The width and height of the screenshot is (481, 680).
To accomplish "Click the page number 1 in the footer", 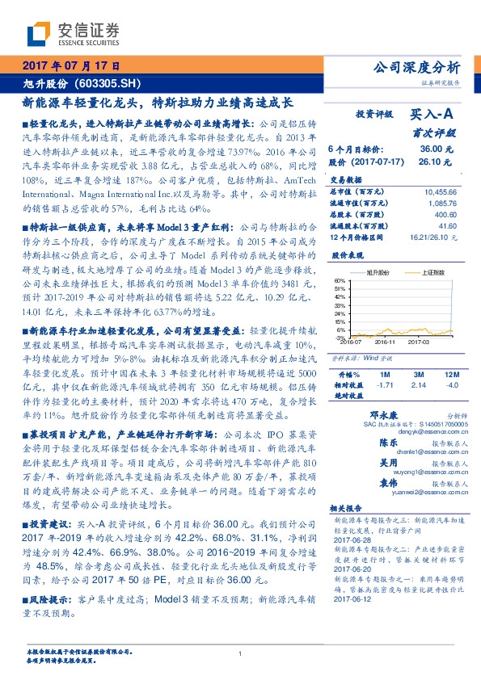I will [240, 654].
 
